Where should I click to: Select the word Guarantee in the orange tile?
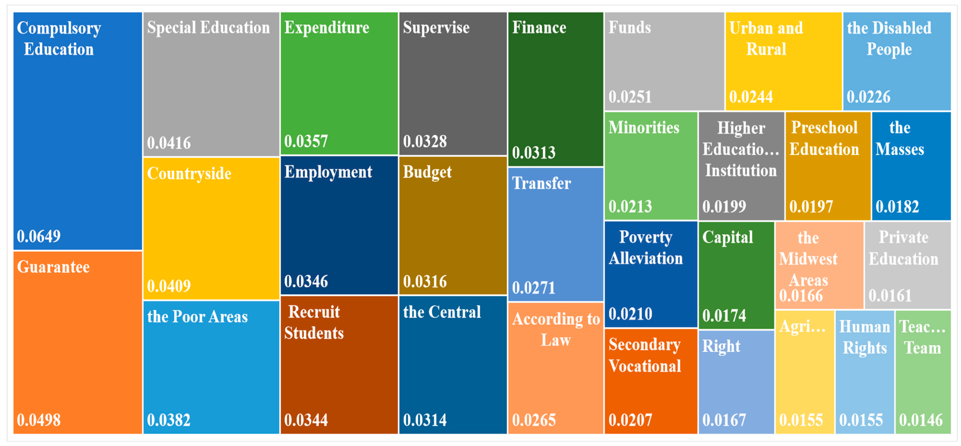tap(53, 267)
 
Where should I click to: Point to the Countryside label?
tap(189, 174)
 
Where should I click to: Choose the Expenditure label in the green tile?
tap(327, 28)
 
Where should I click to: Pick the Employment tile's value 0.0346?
tap(306, 282)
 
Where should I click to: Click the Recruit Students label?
tap(314, 322)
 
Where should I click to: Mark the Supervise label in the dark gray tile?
tap(436, 28)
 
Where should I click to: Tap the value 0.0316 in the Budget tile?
tap(425, 282)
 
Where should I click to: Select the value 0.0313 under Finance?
tap(534, 153)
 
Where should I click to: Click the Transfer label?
tap(541, 183)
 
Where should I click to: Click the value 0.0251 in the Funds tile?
tap(630, 97)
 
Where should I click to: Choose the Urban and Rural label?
tap(766, 39)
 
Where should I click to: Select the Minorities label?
tap(644, 128)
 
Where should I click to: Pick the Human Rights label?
tap(865, 338)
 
